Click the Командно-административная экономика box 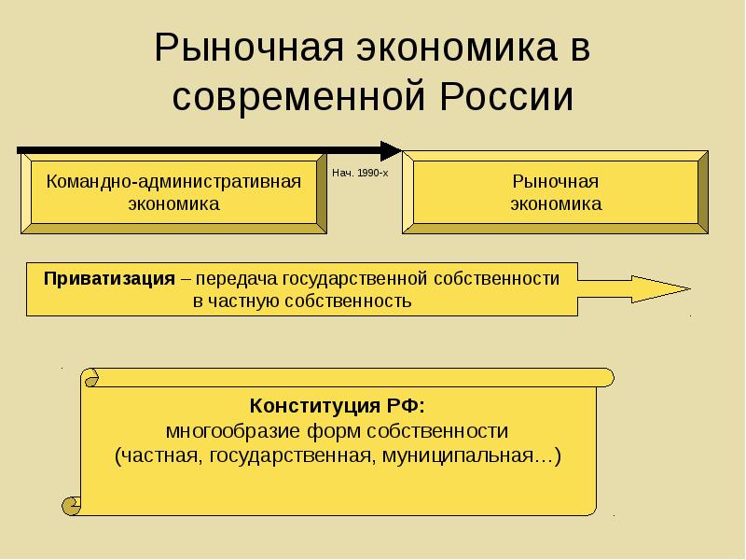click(173, 193)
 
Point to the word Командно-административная click(173, 181)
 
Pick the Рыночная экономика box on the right click(555, 193)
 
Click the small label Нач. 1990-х click(359, 175)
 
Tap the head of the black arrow click(392, 149)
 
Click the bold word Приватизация click(110, 278)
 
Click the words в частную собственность click(302, 301)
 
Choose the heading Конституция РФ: click(338, 406)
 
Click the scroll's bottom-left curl click(71, 505)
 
